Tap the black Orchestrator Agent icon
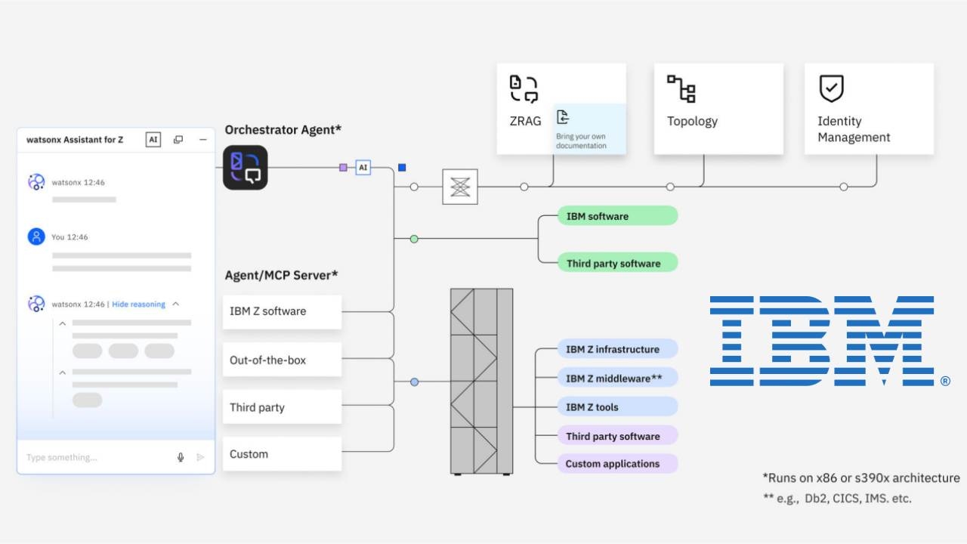click(x=246, y=167)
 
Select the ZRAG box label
click(x=525, y=121)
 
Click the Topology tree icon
click(x=681, y=88)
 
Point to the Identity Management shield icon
click(x=831, y=88)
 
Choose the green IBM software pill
click(x=616, y=216)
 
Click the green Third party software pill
click(x=616, y=263)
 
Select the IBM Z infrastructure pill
click(x=616, y=349)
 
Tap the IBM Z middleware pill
click(x=616, y=378)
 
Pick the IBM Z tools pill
click(x=616, y=406)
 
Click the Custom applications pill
click(x=616, y=464)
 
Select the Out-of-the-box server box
click(x=282, y=360)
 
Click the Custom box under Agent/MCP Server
click(x=282, y=454)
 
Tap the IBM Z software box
click(x=282, y=311)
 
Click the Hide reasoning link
click(x=138, y=304)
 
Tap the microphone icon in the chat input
click(x=181, y=457)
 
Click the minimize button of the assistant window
click(x=202, y=140)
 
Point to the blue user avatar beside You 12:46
click(x=36, y=236)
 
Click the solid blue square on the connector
click(x=402, y=167)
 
